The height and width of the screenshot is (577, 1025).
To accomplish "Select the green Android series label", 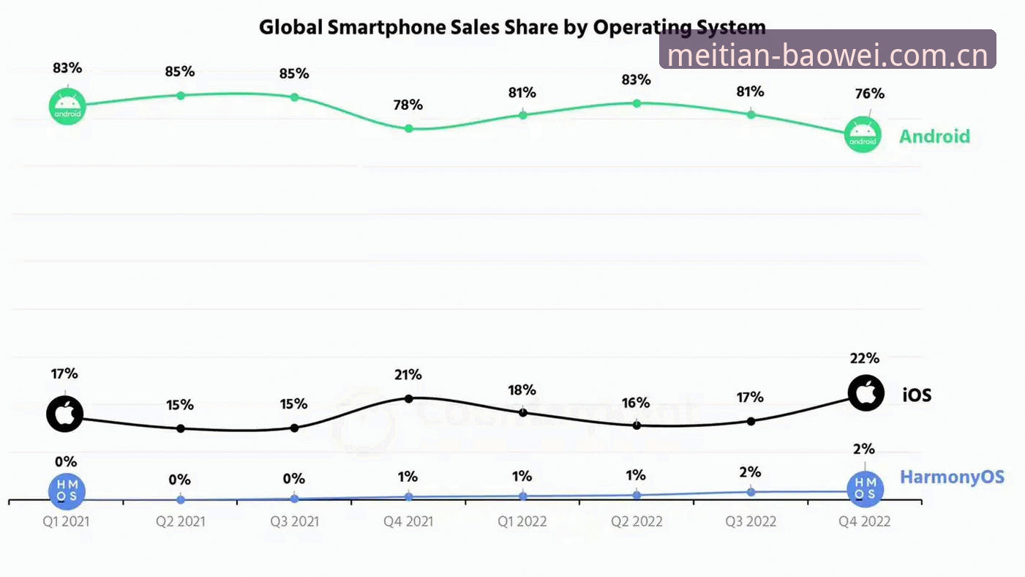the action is coord(934,136).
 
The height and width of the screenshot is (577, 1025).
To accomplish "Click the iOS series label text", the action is coord(917,395).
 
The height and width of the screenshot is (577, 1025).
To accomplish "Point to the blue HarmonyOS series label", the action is coord(953,477).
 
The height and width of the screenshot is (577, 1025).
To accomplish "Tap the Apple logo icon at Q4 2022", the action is coord(866,393).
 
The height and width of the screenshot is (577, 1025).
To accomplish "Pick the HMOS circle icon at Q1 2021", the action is coord(67,491).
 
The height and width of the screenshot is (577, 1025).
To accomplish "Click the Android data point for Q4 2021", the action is coord(409,129).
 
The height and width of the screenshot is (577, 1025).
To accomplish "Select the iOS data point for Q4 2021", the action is coord(409,399).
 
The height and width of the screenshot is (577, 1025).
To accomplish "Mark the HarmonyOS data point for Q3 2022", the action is coord(751,492).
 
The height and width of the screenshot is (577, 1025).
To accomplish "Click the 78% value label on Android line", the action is coord(408,105).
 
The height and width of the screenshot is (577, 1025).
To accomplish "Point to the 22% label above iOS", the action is coord(864,358).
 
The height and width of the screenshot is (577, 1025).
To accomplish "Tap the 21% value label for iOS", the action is coord(408,375).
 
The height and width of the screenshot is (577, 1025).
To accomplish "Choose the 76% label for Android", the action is coord(869,94).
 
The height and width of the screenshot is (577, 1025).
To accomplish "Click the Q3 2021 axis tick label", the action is coord(294,521).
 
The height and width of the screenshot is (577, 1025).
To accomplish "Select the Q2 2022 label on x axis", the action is coord(637,521).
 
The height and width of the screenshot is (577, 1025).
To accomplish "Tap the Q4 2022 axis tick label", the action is coord(864,521).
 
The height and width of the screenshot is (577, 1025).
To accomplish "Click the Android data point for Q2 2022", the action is coord(637,103).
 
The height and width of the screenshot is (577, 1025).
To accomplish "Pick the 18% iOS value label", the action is coord(522,390).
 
